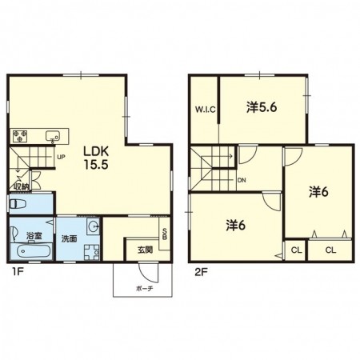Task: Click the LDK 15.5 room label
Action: click(96, 158)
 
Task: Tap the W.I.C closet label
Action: click(205, 110)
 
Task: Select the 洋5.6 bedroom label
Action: click(262, 107)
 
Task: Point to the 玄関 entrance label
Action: click(145, 250)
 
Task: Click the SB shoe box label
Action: click(165, 234)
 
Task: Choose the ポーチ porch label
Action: click(145, 288)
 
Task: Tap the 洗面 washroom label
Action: click(70, 238)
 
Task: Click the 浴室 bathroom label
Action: click(34, 236)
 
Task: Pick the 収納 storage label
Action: click(22, 186)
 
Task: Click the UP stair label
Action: click(61, 157)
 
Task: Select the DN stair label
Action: click(242, 180)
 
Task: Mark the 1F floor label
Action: click(18, 272)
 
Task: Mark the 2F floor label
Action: click(202, 272)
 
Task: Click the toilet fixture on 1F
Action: click(18, 204)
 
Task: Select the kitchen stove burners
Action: click(20, 136)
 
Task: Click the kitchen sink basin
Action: click(52, 136)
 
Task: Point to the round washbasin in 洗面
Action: click(94, 227)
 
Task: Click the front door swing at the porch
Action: click(148, 273)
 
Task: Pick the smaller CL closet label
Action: click(296, 250)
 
